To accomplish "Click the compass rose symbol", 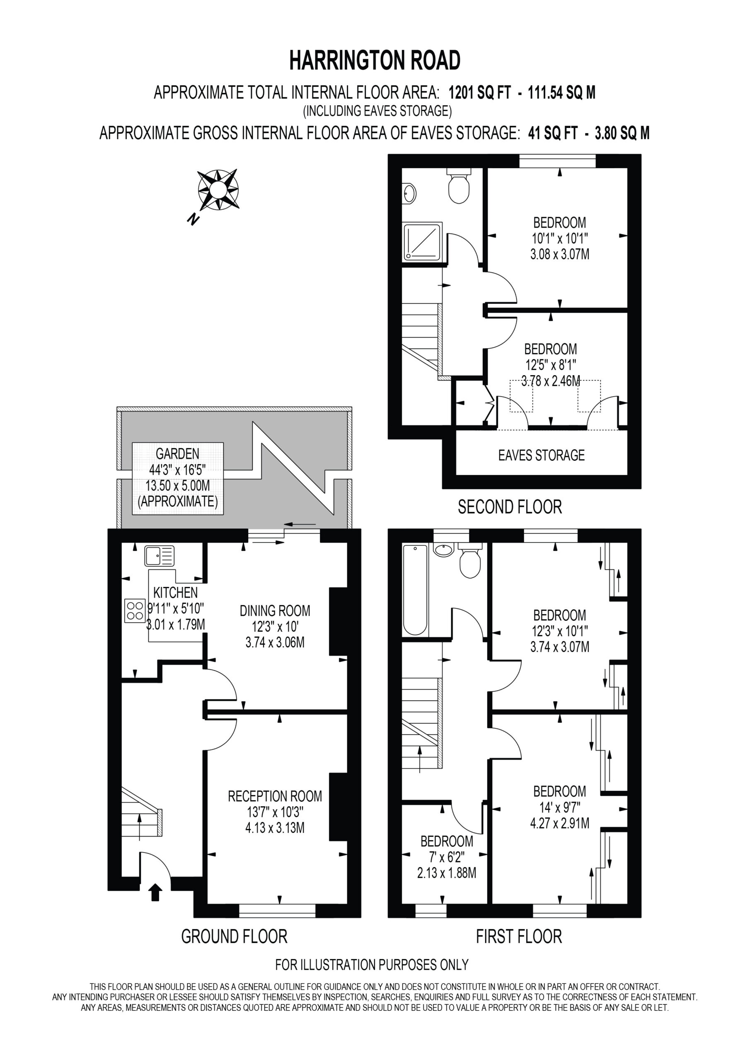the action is pos(218,189).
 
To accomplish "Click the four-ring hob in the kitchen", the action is pos(135,611).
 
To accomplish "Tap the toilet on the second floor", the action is pos(459,186).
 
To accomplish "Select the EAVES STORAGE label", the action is pos(541,455).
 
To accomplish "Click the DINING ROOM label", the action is pos(275,611).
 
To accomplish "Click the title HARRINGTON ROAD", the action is pos(375,60).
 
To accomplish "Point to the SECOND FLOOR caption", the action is pos(510,507).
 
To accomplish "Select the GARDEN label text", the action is pos(177,454).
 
